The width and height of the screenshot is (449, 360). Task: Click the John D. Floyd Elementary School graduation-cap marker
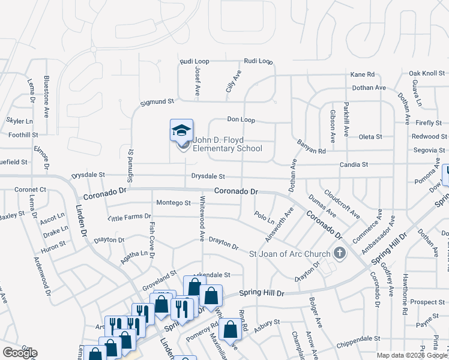pyautogui.click(x=181, y=131)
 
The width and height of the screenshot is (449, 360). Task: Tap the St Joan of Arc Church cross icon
pyautogui.click(x=340, y=253)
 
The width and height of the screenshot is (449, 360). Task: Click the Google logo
pyautogui.click(x=20, y=353)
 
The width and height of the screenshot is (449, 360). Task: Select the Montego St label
pyautogui.click(x=173, y=203)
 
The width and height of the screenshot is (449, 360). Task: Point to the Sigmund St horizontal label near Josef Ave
pyautogui.click(x=157, y=103)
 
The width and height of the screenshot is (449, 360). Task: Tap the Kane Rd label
pyautogui.click(x=363, y=74)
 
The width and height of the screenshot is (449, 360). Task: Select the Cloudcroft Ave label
pyautogui.click(x=342, y=205)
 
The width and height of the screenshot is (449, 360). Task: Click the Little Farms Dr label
pyautogui.click(x=129, y=217)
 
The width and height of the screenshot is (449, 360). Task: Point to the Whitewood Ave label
pyautogui.click(x=202, y=219)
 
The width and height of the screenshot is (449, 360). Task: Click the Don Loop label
pyautogui.click(x=241, y=120)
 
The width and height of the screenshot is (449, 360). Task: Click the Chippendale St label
pyautogui.click(x=358, y=339)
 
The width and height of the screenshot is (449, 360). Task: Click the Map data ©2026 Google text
pyautogui.click(x=412, y=355)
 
